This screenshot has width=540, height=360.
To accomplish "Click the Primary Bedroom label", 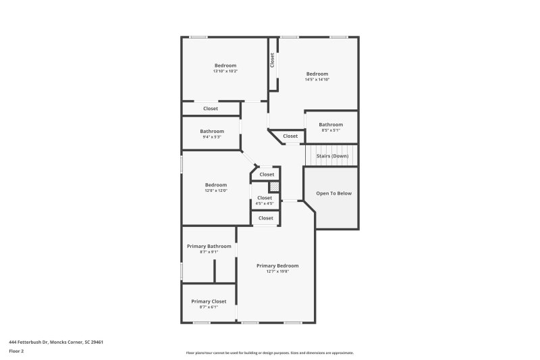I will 277,265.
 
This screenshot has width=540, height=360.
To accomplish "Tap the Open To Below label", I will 334,193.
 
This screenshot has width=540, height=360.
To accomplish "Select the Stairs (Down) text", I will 332,156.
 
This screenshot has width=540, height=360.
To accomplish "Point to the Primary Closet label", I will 209,301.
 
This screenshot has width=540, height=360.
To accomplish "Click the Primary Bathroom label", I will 209,246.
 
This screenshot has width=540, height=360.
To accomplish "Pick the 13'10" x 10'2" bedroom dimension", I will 225,71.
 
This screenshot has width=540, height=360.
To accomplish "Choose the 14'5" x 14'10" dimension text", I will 317,80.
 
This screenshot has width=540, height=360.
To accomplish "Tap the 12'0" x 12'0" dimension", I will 216,190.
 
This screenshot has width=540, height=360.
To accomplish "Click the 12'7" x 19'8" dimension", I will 277,272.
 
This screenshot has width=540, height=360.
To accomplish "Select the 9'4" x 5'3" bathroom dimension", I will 212,137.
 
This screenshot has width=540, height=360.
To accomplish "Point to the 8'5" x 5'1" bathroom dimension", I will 331,130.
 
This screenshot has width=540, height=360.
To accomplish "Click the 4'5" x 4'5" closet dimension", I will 265,203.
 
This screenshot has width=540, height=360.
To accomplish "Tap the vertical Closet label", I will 273,61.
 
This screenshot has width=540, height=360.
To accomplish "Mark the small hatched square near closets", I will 274,187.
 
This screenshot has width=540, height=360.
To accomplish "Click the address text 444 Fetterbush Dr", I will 56,342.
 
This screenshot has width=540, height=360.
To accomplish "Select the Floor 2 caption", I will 17,351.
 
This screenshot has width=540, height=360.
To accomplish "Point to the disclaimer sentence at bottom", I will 270,353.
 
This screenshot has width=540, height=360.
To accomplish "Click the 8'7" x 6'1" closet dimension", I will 209,307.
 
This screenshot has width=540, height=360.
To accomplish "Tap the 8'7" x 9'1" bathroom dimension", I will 209,252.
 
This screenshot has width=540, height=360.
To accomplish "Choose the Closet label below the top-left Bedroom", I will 211,108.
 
